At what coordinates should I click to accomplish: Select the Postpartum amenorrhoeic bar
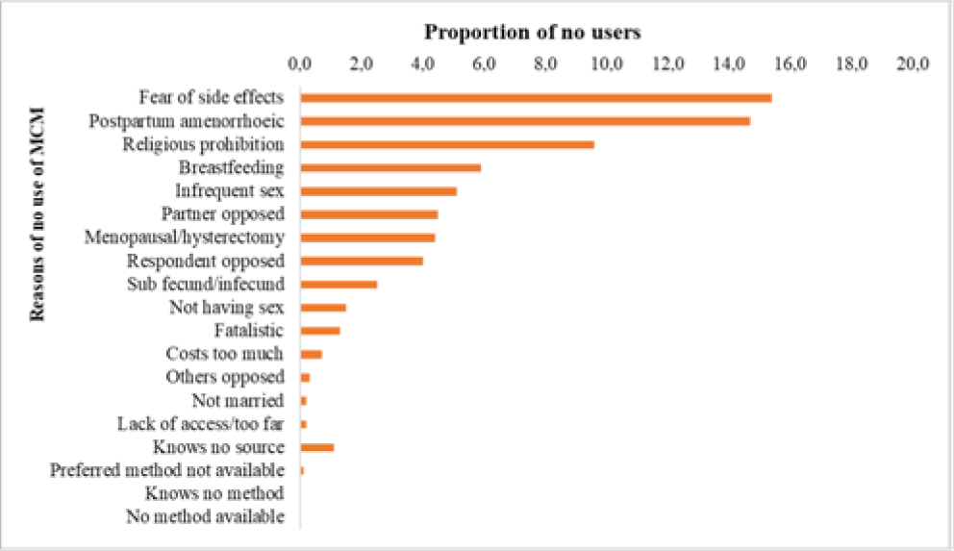tap(525, 121)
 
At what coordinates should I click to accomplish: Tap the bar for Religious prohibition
tap(447, 144)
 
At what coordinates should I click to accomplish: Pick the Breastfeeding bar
tap(390, 167)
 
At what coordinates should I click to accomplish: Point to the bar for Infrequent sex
tap(379, 190)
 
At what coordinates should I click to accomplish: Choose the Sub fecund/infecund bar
tap(339, 284)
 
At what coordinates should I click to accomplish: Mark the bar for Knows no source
tap(317, 447)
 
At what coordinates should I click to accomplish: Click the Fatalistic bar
tap(320, 331)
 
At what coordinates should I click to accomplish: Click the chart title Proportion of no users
tap(533, 31)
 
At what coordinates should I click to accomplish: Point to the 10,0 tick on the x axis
tap(607, 65)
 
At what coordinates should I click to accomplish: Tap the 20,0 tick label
tap(914, 65)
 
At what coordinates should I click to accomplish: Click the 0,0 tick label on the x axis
tap(300, 65)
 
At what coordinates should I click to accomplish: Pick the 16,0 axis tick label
tap(791, 65)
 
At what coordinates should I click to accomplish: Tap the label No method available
tap(206, 517)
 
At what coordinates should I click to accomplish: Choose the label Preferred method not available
tap(167, 470)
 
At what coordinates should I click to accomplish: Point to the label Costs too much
tap(225, 354)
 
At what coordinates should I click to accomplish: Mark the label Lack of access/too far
tap(201, 424)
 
